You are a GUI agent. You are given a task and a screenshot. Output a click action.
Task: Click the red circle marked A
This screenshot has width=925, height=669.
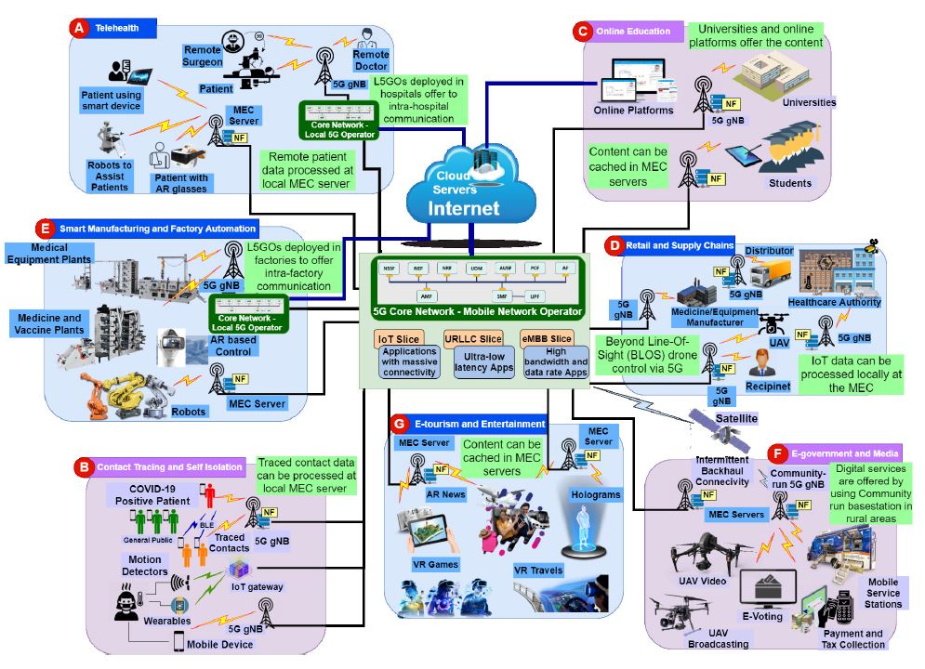(x=79, y=28)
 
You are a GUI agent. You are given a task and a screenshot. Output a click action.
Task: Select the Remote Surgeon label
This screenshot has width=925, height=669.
(x=203, y=56)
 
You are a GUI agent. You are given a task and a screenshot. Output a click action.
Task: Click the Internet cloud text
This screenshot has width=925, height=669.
(x=463, y=208)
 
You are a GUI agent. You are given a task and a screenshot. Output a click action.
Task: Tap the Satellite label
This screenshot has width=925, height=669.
(x=735, y=419)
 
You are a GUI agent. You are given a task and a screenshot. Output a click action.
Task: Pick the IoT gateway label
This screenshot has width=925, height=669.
(x=257, y=587)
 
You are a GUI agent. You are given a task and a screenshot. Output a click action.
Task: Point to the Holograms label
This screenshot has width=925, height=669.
(x=596, y=495)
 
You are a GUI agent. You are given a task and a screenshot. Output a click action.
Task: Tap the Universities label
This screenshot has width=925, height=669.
(x=810, y=102)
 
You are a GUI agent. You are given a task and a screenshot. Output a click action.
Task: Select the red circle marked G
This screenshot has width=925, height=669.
(x=399, y=424)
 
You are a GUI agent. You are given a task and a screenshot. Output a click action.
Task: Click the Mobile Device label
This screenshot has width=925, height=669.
(x=220, y=644)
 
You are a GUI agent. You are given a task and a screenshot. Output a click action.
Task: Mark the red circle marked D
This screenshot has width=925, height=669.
(x=613, y=245)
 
